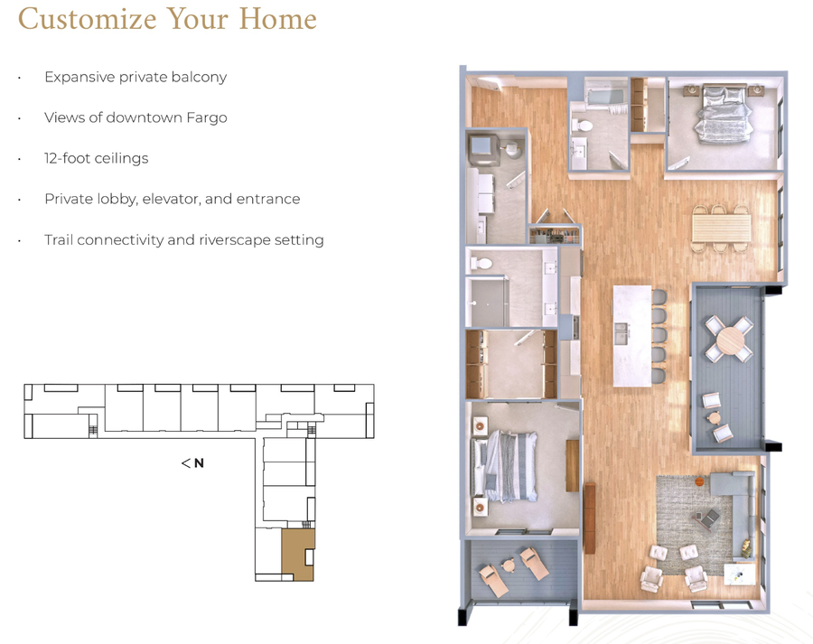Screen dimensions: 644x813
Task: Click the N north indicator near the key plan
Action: [x=199, y=463]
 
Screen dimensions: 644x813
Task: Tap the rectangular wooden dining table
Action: [x=721, y=226]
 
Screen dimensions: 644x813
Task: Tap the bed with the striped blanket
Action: [x=510, y=465]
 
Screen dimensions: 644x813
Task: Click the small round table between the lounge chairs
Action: [x=509, y=565]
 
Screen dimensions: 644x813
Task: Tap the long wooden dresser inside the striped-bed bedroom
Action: [x=572, y=464]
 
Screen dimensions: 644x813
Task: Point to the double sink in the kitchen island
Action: [x=623, y=335]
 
